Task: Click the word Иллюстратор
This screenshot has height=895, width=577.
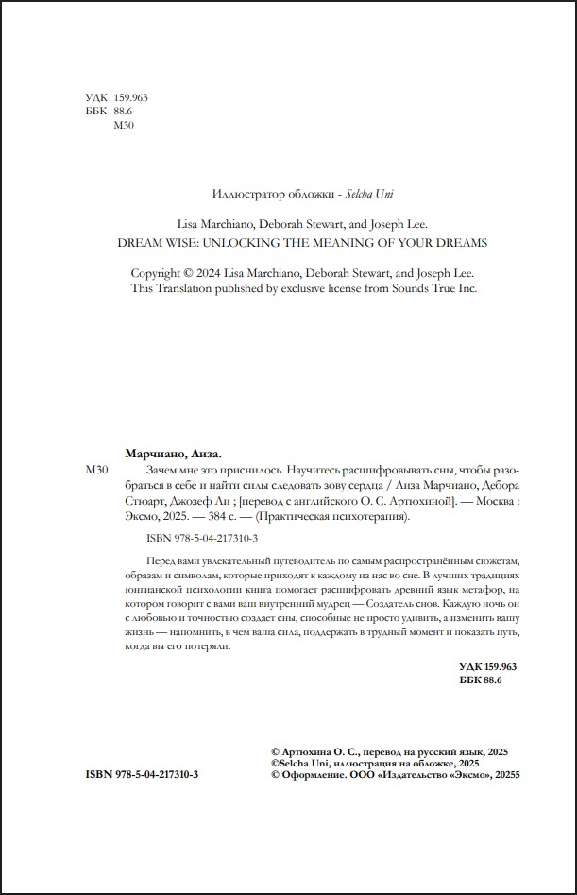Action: [245, 195]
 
